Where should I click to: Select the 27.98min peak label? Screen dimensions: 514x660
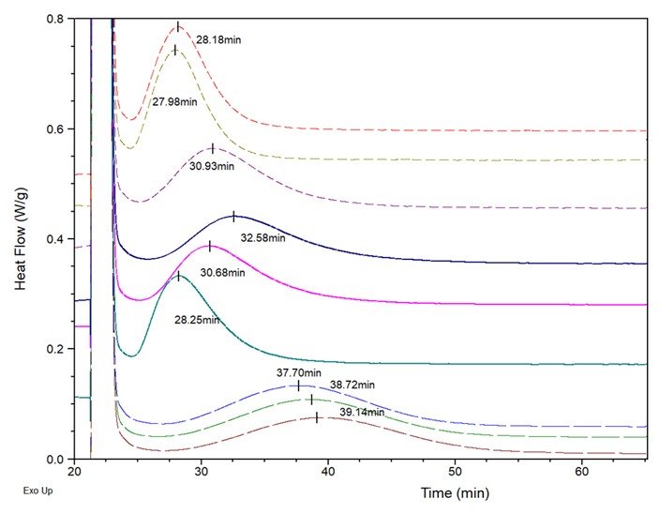point(174,100)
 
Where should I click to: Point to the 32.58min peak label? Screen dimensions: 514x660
point(262,237)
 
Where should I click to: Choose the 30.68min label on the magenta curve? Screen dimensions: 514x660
point(222,273)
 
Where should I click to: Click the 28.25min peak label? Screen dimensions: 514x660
point(197,320)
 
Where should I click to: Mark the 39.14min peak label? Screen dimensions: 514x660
point(362,413)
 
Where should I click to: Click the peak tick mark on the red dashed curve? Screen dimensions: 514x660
point(178,26)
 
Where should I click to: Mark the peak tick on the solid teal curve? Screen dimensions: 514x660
point(178,276)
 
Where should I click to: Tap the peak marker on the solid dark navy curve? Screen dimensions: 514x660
point(234,217)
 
